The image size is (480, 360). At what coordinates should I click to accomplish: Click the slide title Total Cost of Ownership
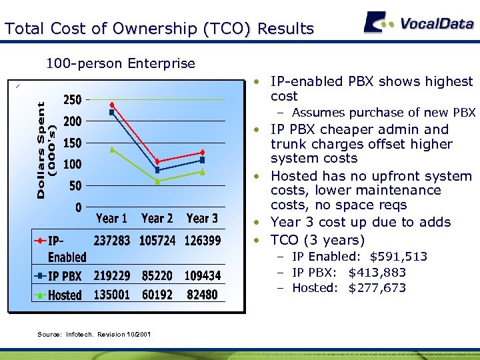coord(159,29)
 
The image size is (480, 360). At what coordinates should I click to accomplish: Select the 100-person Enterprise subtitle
coord(120,64)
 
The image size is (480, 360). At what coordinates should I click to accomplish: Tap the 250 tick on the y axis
coord(72,100)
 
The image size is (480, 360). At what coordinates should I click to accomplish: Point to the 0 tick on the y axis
coord(78,207)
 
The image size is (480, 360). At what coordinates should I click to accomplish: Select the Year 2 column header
coord(157,219)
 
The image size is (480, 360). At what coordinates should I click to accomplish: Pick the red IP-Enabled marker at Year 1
coord(112,105)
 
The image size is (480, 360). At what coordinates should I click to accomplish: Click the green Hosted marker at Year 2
coord(157,181)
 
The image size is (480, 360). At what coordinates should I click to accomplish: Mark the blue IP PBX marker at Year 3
coord(202,160)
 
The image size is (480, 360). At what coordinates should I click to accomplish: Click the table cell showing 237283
coord(112,240)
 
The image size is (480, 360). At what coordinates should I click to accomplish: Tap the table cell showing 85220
coord(157,275)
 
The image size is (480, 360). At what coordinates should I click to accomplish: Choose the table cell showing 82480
coord(202,295)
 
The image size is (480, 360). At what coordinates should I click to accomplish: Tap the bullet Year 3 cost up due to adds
coord(360,222)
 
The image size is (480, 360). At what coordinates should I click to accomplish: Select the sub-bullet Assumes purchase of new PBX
coord(383,113)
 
